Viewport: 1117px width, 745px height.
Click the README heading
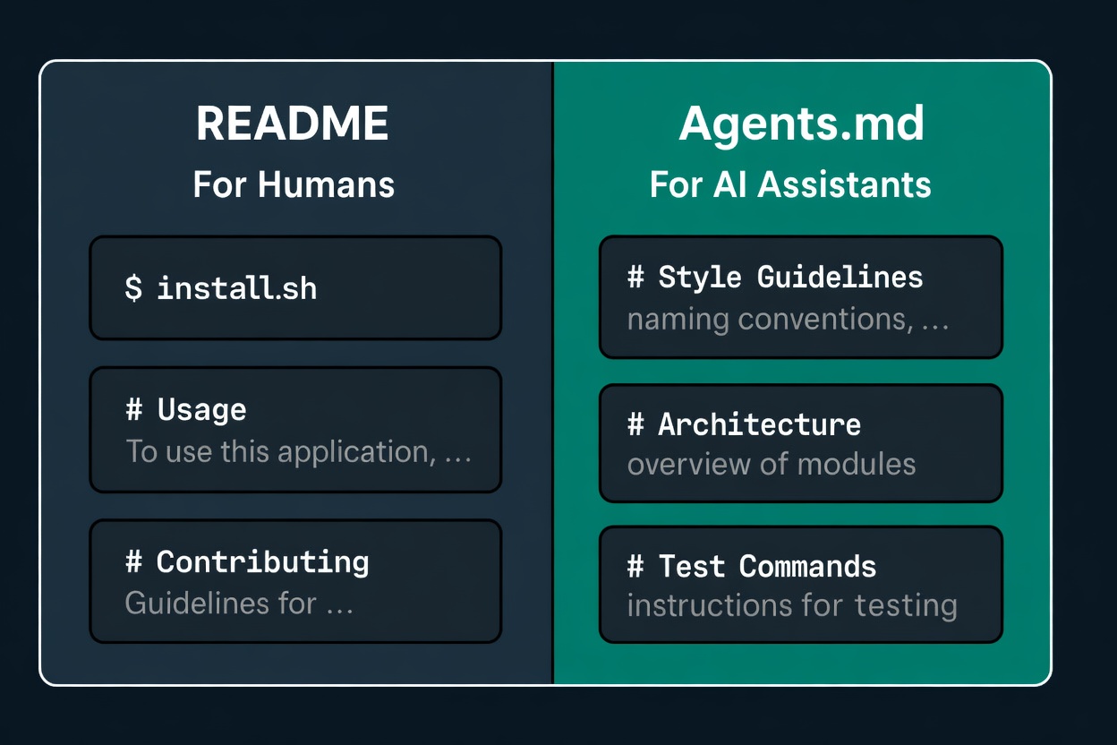point(292,124)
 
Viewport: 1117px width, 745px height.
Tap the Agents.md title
point(801,124)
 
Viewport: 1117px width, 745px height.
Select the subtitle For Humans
point(294,184)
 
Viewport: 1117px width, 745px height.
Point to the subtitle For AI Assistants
point(790,184)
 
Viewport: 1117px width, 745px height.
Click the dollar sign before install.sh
point(133,288)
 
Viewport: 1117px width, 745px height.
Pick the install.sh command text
point(237,287)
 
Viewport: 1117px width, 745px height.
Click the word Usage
point(202,411)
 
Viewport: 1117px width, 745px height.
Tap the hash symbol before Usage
point(134,409)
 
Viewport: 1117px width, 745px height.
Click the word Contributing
point(263,562)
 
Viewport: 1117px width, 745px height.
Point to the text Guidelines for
point(221,604)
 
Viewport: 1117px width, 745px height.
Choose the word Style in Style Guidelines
point(700,278)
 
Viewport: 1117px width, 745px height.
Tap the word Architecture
point(760,425)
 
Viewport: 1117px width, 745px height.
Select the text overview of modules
point(772,464)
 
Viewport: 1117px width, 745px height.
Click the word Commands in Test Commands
point(808,566)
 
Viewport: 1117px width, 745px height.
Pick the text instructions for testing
point(792,606)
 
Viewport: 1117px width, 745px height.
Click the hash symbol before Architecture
point(635,424)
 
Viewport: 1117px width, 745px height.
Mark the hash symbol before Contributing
point(134,561)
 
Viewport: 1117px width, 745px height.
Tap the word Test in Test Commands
point(692,566)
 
